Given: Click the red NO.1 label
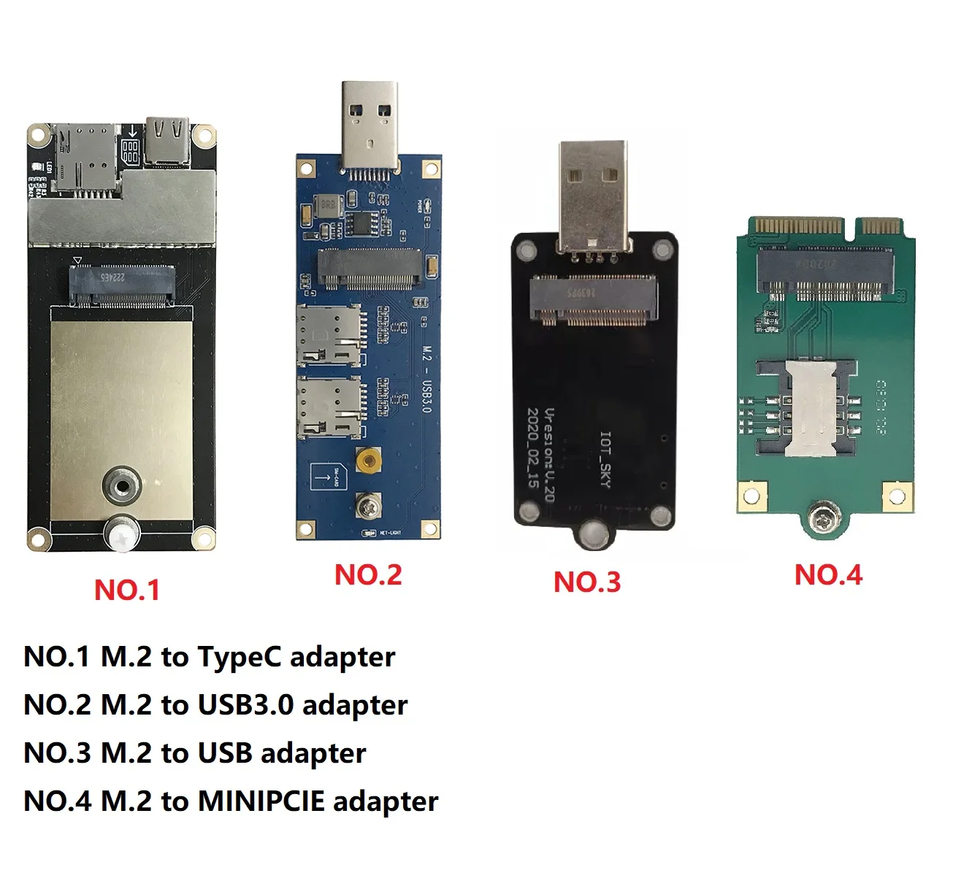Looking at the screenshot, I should (127, 590).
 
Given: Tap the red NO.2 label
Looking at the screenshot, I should (368, 575).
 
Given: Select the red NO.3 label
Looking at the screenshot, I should (587, 582).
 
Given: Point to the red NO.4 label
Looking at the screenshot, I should (828, 575).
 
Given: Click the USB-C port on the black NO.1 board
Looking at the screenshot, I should (167, 141).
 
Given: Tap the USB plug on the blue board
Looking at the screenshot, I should (370, 127).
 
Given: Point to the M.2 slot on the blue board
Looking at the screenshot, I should (370, 269).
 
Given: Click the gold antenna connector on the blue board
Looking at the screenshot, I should (369, 461).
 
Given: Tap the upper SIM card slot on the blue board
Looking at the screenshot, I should (329, 335).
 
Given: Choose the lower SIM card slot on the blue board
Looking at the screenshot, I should (329, 408).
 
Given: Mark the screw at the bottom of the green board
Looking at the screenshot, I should (825, 520).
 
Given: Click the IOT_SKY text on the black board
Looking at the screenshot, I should (605, 459).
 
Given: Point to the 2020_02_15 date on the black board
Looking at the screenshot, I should (533, 448).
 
